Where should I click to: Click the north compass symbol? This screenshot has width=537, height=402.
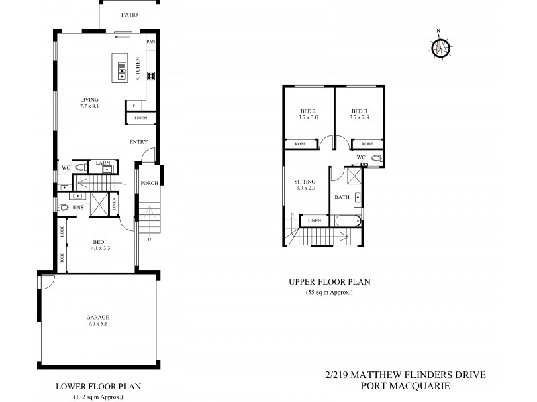coord(440,46)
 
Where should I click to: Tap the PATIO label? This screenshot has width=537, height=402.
coord(130,15)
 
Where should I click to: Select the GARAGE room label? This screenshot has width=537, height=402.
coord(97,317)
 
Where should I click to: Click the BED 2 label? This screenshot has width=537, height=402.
coord(307,111)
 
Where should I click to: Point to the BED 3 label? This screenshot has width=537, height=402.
coord(358,111)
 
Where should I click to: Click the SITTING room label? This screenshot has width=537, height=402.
coord(305,181)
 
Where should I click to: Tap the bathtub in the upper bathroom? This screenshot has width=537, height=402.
coord(347,221)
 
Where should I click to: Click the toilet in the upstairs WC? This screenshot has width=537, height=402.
coord(376,158)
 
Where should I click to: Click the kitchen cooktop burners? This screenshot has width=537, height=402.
coord(151,75)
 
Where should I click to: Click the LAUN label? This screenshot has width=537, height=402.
coord(103,163)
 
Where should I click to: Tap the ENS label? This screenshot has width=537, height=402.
coord(78,208)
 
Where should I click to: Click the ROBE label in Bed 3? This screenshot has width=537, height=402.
coord(367,144)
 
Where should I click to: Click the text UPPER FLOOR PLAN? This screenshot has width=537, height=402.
coord(330,282)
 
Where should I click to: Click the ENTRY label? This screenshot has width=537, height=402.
coord(139,141)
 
